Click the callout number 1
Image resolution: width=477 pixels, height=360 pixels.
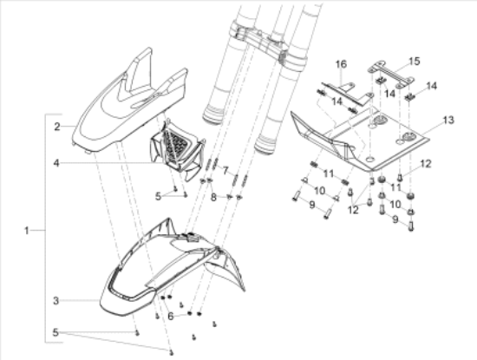27,231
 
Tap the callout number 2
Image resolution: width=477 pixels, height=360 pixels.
57,127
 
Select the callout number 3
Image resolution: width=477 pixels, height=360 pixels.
56,301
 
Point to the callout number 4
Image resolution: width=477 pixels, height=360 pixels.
56,163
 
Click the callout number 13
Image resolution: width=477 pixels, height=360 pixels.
448,121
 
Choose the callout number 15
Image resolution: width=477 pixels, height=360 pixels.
414,62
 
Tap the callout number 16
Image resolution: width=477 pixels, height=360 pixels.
342,64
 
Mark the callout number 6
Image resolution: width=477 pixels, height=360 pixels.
171,316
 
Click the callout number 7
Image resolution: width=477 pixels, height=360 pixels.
225,171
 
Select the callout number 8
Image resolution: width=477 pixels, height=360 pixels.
213,198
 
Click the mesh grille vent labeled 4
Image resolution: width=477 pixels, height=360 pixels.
177,152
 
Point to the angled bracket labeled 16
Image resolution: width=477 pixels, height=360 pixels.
347,92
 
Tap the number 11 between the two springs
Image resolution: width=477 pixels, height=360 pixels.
329,174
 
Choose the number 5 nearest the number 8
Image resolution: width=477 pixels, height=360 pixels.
158,196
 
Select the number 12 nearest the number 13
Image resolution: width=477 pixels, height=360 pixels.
426,164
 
